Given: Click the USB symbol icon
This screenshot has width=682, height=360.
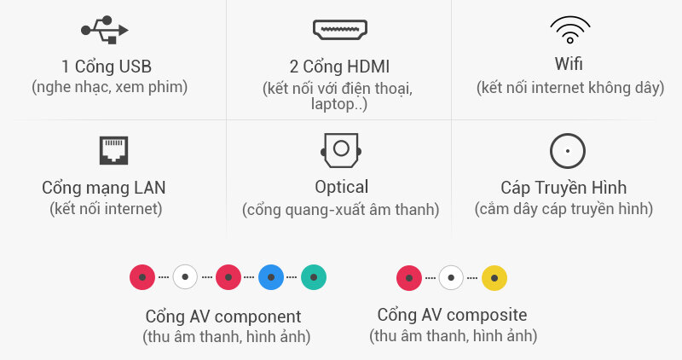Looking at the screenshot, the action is click(x=104, y=30).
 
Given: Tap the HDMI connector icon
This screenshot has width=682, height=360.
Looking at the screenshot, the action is click(x=340, y=30).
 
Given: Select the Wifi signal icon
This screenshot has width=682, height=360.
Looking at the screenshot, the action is click(x=569, y=30).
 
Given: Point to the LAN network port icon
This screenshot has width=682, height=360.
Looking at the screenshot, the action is click(x=113, y=150).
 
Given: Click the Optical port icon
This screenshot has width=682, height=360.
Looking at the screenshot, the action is click(x=341, y=150).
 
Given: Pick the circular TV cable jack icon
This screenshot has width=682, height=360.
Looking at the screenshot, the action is click(x=568, y=151).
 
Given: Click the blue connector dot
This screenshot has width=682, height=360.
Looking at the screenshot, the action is click(x=271, y=277).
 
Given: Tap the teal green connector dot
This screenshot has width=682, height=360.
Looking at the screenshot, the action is click(x=314, y=277).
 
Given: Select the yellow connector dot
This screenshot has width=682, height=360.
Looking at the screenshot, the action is click(x=494, y=278).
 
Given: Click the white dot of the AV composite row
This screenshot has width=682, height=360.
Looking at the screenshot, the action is click(x=451, y=278).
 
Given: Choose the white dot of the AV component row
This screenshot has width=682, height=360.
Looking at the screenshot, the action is click(x=185, y=277).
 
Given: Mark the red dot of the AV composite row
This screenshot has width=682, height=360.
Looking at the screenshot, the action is click(x=409, y=278).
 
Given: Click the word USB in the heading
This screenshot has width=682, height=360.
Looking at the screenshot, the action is click(x=135, y=67).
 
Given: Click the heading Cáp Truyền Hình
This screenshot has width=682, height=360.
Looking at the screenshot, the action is click(x=564, y=188).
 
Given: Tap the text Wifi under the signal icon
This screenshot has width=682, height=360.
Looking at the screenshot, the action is click(x=569, y=64).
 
